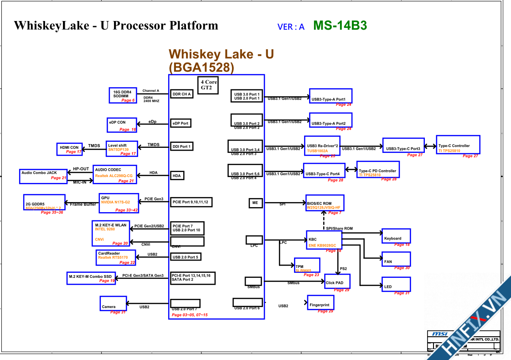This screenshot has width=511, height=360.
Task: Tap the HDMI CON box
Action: click(70, 149)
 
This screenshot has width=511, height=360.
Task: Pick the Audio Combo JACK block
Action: click(44, 176)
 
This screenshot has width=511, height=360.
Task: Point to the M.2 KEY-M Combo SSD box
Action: click(91, 278)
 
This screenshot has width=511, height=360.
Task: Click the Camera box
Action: click(113, 304)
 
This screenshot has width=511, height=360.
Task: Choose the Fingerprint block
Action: click(320, 303)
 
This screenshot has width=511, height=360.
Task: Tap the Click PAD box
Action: click(337, 282)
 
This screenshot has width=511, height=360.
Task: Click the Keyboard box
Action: click(396, 236)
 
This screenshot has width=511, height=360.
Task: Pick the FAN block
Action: click(396, 259)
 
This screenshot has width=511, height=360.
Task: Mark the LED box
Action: click(396, 285)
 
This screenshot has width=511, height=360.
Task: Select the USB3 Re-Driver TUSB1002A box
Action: click(322, 146)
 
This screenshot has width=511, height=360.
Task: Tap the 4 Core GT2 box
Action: click(207, 84)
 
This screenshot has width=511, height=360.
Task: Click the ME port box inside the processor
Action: click(255, 203)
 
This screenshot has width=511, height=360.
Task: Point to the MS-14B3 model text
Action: click(340, 26)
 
